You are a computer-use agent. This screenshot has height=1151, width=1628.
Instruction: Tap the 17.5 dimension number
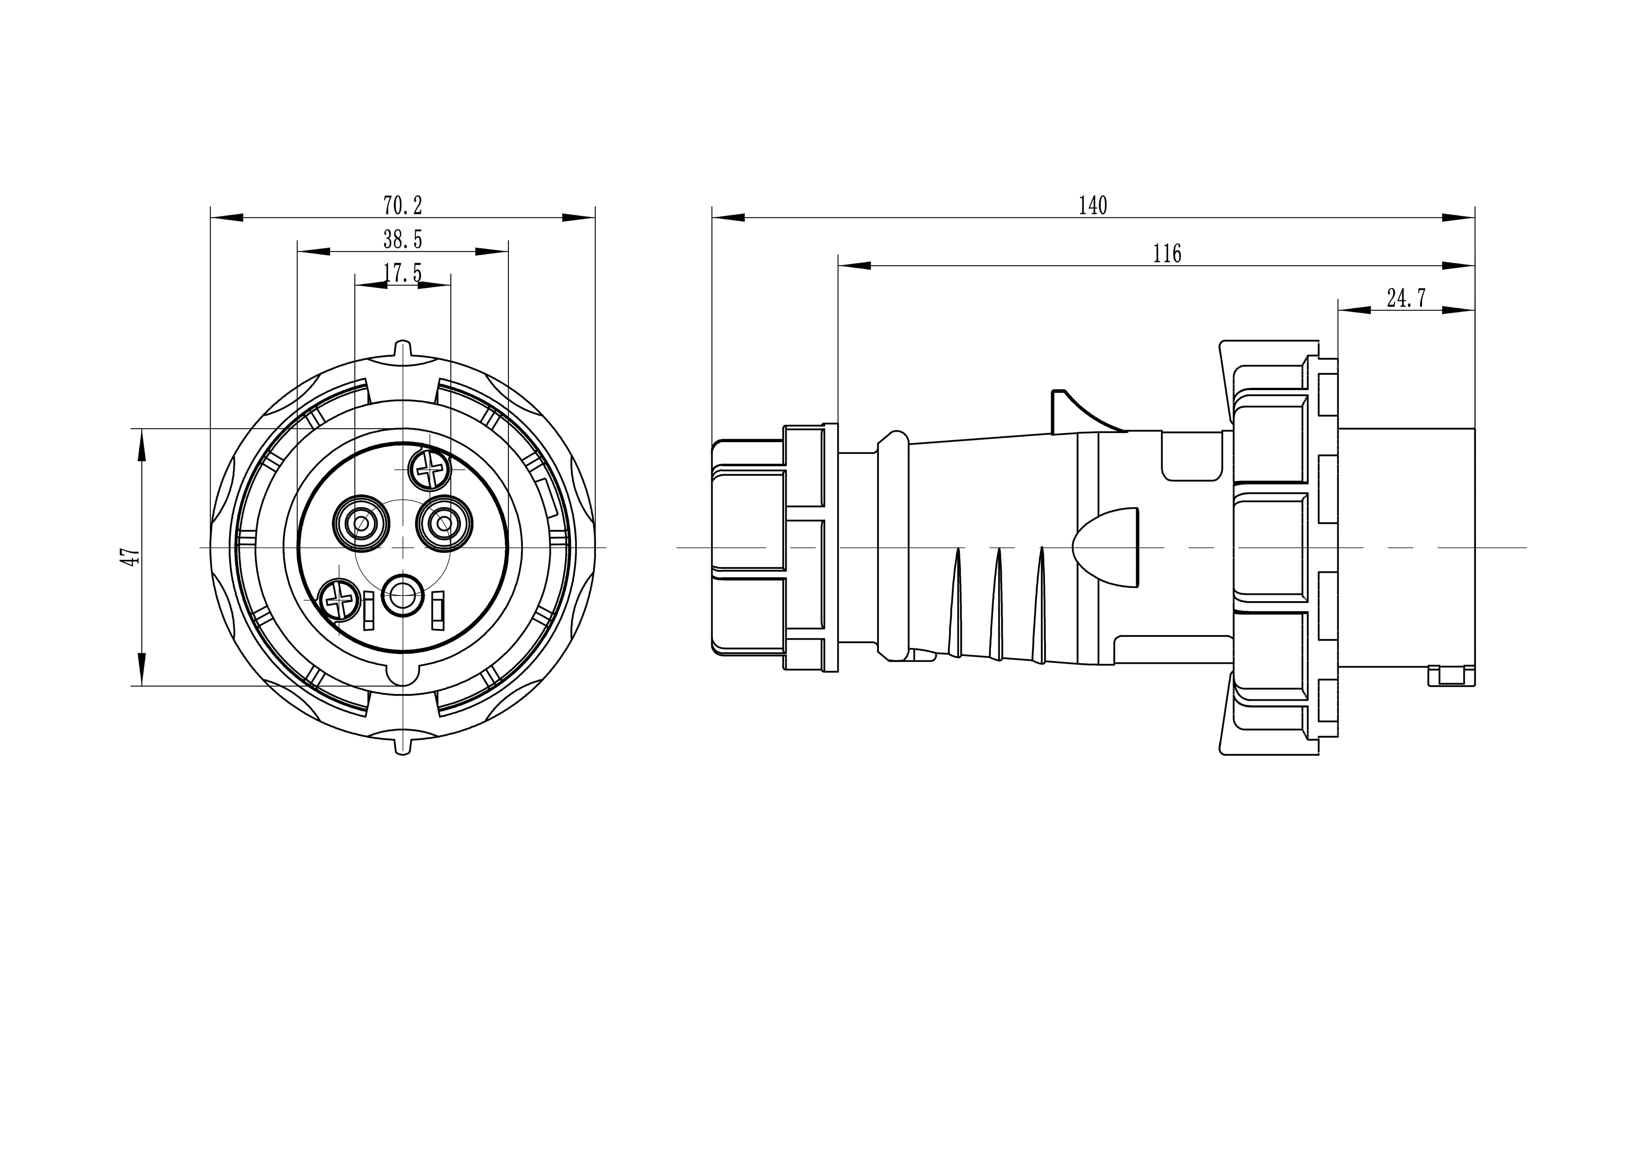tap(403, 273)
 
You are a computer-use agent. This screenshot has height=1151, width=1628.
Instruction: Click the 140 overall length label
tap(1093, 205)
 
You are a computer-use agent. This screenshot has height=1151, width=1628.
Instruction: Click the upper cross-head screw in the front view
tap(430, 468)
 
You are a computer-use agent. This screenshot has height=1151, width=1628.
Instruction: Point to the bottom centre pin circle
tap(403, 595)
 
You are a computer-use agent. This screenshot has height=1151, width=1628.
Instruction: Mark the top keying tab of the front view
tap(403, 349)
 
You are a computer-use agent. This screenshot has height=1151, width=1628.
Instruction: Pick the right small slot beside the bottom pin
tap(438, 610)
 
